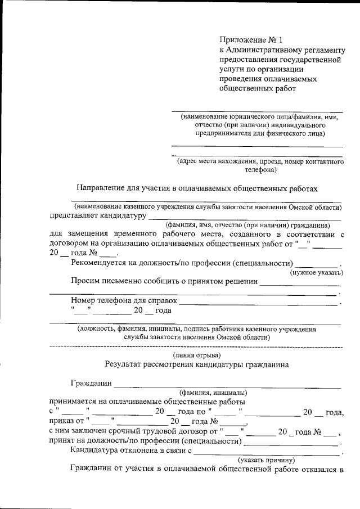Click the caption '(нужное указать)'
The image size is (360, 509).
[316, 273]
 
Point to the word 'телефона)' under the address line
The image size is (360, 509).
[260, 169]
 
